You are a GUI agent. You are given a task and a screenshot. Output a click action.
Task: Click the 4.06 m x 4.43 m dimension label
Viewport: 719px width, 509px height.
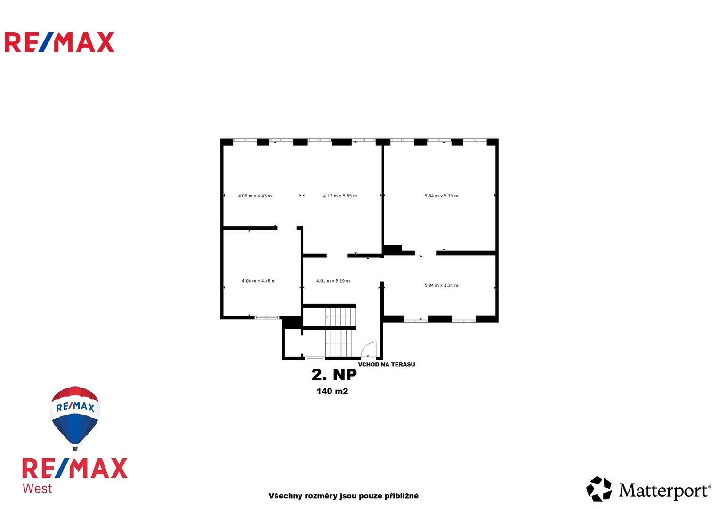[x=255, y=196]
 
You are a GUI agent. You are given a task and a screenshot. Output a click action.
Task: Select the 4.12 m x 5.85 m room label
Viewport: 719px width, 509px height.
[x=340, y=196]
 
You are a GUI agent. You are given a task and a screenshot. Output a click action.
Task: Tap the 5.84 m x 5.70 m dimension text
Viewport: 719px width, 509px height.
[x=441, y=196]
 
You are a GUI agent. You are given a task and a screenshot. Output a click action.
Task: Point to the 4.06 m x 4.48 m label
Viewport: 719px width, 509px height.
[x=259, y=281]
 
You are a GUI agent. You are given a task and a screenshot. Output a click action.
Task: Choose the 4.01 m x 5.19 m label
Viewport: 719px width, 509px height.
[x=333, y=281]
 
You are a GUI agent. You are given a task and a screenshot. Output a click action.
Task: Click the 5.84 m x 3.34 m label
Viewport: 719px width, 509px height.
[x=441, y=285]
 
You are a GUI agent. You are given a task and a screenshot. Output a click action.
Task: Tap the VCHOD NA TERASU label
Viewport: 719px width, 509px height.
[x=387, y=364]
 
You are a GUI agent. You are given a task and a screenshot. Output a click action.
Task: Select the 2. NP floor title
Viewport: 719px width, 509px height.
[x=334, y=375]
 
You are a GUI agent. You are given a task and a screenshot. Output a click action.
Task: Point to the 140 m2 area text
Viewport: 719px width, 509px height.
[x=332, y=391]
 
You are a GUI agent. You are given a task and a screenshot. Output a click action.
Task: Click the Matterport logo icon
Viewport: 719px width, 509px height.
[x=599, y=489]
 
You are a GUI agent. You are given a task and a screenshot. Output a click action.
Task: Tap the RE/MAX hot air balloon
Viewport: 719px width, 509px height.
[x=75, y=418]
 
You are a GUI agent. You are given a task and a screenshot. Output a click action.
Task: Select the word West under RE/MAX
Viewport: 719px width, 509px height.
[x=37, y=488]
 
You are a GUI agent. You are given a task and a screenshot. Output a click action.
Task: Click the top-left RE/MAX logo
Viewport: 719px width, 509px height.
[x=59, y=42]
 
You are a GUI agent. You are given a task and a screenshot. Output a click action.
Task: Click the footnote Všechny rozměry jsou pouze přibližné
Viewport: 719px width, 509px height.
[x=343, y=496]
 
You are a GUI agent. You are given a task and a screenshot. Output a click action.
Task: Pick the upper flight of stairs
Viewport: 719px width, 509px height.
[x=340, y=317]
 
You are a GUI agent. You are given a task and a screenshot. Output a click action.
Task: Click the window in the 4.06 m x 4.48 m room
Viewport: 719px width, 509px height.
[x=267, y=318]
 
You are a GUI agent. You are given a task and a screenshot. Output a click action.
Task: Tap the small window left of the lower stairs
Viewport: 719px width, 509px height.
[x=315, y=358]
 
